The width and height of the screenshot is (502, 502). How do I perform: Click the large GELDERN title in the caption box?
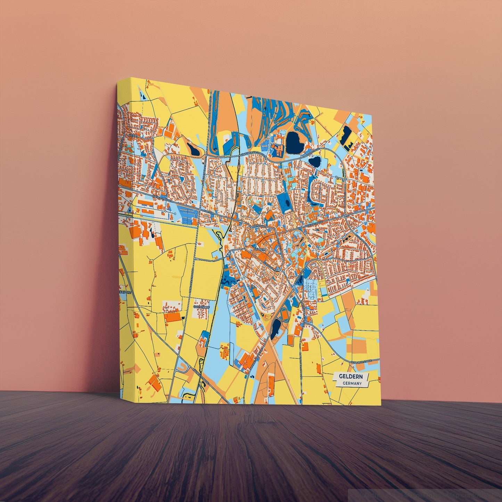pos(351,377)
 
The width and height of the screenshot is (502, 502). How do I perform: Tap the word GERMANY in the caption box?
pos(352,384)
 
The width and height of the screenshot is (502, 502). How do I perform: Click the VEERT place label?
pos(133,136)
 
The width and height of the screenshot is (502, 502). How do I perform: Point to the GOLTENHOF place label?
pos(200,307)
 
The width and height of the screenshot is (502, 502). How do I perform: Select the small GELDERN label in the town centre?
pos(260,249)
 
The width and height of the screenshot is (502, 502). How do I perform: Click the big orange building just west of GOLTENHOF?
pos(173,317)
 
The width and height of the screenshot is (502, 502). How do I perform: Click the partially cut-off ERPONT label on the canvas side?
pos(125,293)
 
